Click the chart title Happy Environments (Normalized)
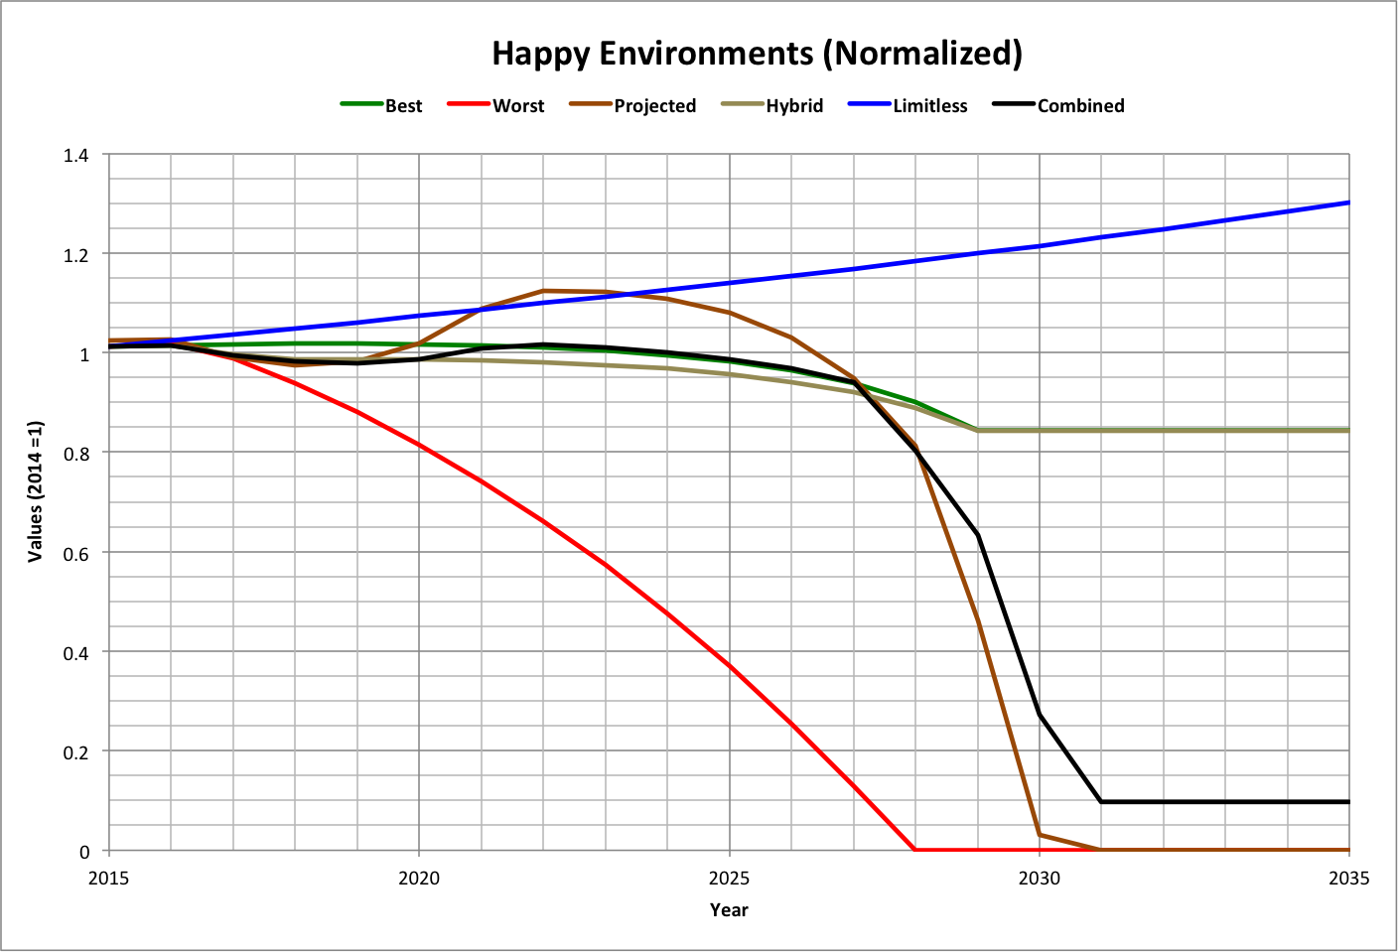pyautogui.click(x=757, y=53)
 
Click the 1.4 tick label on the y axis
pyautogui.click(x=75, y=155)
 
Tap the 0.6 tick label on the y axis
pyautogui.click(x=75, y=554)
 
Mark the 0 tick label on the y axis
pyautogui.click(x=84, y=852)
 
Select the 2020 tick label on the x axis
pyautogui.click(x=419, y=879)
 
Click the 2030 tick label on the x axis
pyautogui.click(x=1040, y=879)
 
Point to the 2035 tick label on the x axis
pyautogui.click(x=1348, y=879)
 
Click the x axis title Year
pyautogui.click(x=729, y=909)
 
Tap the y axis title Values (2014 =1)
pyautogui.click(x=36, y=491)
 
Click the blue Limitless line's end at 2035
pyautogui.click(x=1348, y=203)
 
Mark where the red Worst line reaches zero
pyautogui.click(x=914, y=850)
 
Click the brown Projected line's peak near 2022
pyautogui.click(x=543, y=291)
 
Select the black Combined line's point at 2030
pyautogui.click(x=1040, y=715)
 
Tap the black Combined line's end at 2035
pyautogui.click(x=1348, y=801)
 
